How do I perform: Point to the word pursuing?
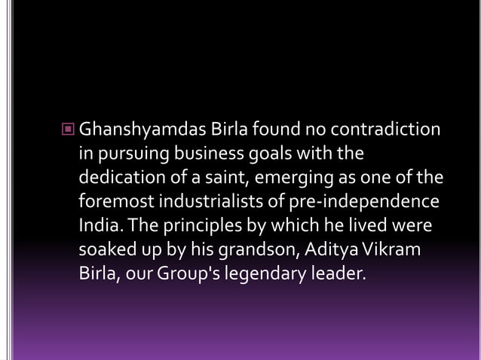coord(130,154)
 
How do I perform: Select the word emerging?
coord(290,179)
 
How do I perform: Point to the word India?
coord(97,226)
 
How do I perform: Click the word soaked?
coord(106,250)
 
